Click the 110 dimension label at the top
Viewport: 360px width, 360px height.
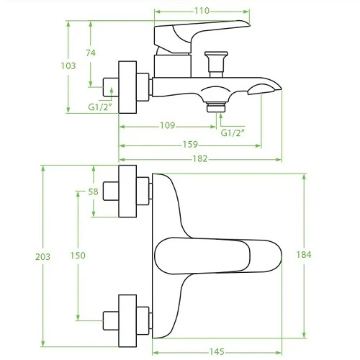coord(202,11)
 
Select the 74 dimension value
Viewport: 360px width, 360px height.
coord(91,53)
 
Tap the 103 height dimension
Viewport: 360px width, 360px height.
coord(68,66)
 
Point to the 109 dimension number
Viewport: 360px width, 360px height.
coord(168,125)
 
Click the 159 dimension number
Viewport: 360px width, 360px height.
coord(190,145)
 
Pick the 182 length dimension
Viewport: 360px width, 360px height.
coord(200,158)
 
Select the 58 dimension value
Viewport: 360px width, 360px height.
coord(94,192)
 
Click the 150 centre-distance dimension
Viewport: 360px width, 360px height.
coord(78,256)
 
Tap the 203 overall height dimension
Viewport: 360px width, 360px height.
coord(43,257)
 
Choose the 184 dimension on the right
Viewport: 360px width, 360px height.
coord(304,255)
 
